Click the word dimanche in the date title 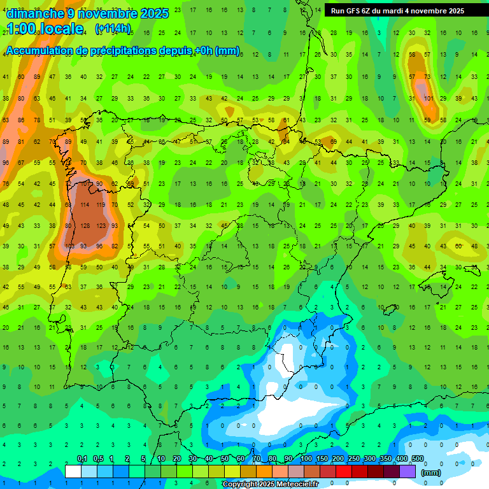(34, 13)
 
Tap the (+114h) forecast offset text (113, 29)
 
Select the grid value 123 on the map (100, 225)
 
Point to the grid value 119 (100, 205)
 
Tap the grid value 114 (85, 205)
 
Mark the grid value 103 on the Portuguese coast (69, 246)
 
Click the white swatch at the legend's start (73, 471)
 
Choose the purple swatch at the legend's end (407, 471)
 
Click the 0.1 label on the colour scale (82, 459)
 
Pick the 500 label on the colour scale (417, 459)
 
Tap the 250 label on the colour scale (353, 459)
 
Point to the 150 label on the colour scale (322, 459)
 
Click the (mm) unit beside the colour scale (431, 472)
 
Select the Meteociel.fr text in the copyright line (294, 485)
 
